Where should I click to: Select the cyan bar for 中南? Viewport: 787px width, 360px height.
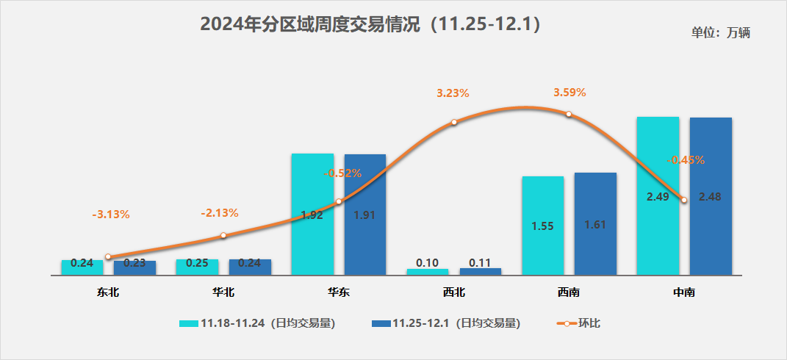click(x=658, y=195)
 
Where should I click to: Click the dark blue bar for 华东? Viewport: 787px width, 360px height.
click(x=365, y=214)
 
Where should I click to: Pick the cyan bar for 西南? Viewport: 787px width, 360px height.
click(x=543, y=225)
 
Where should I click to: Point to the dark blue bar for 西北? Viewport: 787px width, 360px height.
click(x=481, y=271)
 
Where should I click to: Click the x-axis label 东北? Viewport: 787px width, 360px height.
click(x=108, y=292)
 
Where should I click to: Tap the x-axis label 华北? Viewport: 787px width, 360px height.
click(x=223, y=292)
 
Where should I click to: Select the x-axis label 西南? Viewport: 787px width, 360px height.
click(x=569, y=292)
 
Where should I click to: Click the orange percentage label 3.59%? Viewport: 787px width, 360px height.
click(x=569, y=93)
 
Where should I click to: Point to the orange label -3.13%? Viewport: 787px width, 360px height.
click(x=111, y=215)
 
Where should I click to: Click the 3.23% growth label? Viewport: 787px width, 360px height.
click(x=453, y=93)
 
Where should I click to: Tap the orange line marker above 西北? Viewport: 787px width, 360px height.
click(x=454, y=122)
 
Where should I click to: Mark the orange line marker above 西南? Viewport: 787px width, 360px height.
click(x=569, y=114)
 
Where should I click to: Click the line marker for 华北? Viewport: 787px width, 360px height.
click(x=223, y=235)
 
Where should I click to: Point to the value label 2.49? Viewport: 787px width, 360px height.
click(x=658, y=197)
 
